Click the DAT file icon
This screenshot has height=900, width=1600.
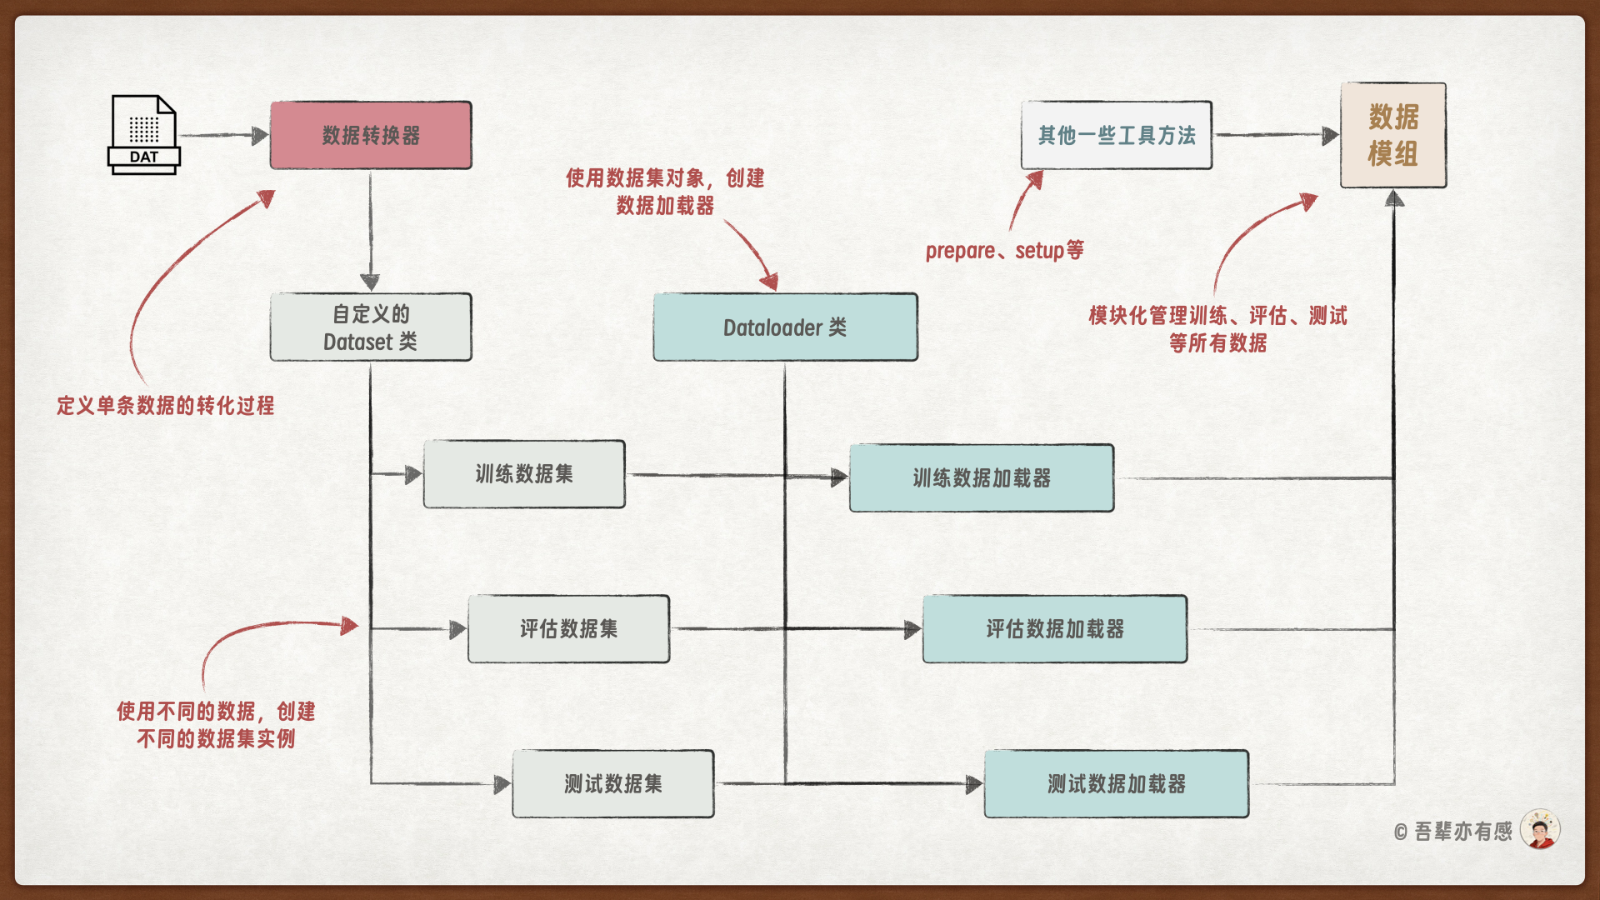(143, 134)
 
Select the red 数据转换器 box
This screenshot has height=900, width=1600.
(371, 135)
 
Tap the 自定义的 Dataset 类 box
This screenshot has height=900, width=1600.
(371, 327)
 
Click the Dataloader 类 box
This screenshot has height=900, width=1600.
(785, 327)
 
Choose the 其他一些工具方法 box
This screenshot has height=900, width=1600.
(1117, 135)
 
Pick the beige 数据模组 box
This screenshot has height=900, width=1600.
(1393, 135)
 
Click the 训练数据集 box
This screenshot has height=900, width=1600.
(524, 474)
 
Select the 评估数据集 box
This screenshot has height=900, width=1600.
(569, 629)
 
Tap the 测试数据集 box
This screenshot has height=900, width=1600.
(613, 783)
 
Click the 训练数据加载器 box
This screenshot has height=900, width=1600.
(982, 477)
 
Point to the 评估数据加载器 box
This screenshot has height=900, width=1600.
(1055, 629)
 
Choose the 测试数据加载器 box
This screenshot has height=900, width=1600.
(1117, 783)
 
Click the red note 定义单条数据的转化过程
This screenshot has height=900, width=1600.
(165, 406)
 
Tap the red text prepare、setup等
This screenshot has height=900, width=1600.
(1004, 250)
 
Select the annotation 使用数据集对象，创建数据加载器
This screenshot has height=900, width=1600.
(665, 192)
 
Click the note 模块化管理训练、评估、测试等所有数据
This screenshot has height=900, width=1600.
(1217, 329)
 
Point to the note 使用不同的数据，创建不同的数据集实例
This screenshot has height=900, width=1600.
(216, 725)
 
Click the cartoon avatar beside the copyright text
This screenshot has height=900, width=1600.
(1540, 829)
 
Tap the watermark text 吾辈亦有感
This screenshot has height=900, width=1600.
(1462, 831)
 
